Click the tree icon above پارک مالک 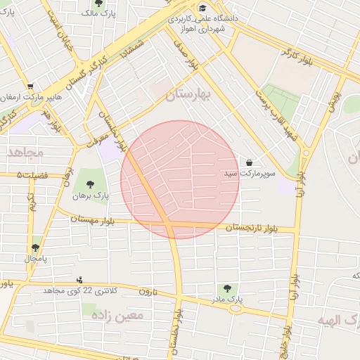point(98,4)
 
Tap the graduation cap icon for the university point(203,8)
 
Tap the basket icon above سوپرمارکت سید point(249,162)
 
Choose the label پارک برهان point(91,196)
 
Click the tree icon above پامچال point(35,247)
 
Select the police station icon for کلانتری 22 point(79,280)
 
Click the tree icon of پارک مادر point(226,288)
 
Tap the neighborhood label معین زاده point(118,315)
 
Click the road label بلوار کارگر point(297,53)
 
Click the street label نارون point(145,291)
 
